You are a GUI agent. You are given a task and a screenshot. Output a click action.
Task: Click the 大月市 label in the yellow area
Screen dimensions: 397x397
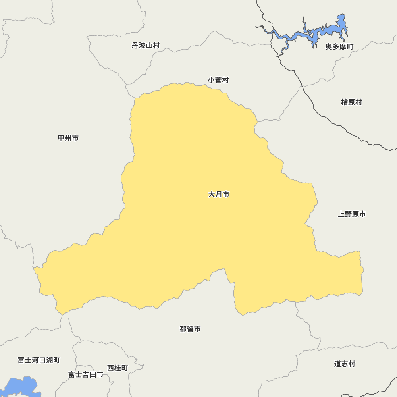click(x=219, y=195)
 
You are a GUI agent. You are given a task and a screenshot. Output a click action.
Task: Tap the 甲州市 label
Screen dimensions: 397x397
click(x=68, y=138)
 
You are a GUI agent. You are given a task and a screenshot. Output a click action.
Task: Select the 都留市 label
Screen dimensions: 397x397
click(x=190, y=329)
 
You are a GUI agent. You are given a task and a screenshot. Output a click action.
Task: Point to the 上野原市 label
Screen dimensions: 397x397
click(x=352, y=214)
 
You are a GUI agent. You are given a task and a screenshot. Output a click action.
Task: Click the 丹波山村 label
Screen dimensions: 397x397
click(x=146, y=46)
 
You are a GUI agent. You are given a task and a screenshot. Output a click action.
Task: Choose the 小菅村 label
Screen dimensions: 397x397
click(x=218, y=80)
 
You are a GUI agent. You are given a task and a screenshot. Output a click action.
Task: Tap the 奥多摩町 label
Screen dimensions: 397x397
click(x=339, y=47)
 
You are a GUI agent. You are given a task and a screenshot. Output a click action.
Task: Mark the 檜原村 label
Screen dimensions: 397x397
click(x=352, y=102)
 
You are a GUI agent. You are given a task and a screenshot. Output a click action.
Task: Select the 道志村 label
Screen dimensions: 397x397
click(x=345, y=364)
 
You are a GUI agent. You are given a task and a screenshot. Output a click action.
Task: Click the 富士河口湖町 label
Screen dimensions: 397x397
click(x=39, y=360)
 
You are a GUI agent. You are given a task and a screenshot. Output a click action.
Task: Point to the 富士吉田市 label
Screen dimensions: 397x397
click(x=86, y=375)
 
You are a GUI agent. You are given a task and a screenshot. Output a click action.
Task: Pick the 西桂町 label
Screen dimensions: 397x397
click(x=118, y=368)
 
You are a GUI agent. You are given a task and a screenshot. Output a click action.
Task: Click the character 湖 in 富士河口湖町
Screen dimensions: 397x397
click(x=49, y=360)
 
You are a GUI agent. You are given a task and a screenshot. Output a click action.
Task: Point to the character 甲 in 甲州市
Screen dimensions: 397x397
click(x=62, y=138)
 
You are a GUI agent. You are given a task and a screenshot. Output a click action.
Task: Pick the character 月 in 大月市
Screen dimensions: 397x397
click(x=219, y=195)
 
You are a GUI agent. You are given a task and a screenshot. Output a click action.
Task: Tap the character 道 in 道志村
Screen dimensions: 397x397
click(x=338, y=364)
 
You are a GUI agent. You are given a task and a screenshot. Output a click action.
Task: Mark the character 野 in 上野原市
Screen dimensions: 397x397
click(x=348, y=214)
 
